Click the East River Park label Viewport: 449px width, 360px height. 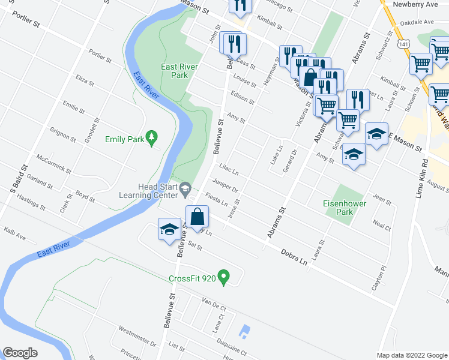click(174, 71)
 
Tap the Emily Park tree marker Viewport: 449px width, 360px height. click(152, 139)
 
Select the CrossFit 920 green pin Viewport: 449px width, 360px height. click(224, 278)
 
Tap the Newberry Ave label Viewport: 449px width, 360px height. click(414, 4)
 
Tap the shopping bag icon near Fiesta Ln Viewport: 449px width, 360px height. click(197, 217)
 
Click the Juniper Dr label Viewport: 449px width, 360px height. click(228, 186)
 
